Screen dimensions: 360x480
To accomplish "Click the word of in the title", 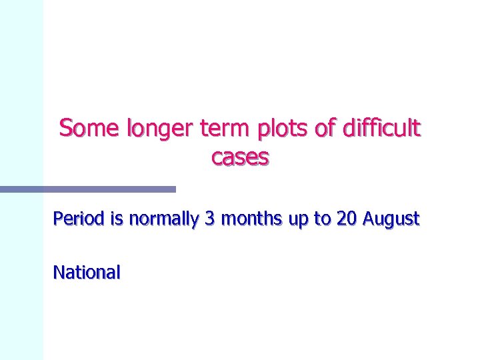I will coord(325,127).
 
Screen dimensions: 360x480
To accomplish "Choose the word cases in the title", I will coord(240,157).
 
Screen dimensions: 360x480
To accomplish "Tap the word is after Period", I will coord(117,219).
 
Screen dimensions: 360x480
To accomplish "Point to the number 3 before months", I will coord(210,219).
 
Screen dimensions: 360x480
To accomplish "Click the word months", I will coord(251,219).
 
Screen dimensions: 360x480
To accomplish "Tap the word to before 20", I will coord(323,219).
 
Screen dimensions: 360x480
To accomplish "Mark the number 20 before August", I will coord(347,219).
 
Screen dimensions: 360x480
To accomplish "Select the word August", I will coord(391,219).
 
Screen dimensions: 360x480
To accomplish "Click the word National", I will coord(87,272).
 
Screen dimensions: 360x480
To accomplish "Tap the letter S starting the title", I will coord(65,127).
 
